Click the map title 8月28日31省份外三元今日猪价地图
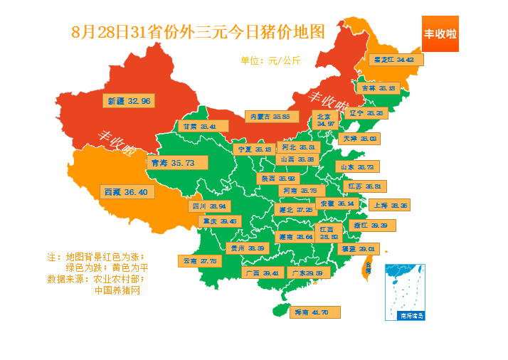pyautogui.click(x=198, y=32)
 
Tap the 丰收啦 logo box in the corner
pyautogui.click(x=440, y=33)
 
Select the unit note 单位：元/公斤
pyautogui.click(x=270, y=60)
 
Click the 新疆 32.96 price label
pyautogui.click(x=129, y=101)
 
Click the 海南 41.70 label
pyautogui.click(x=314, y=312)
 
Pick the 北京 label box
pyautogui.click(x=325, y=120)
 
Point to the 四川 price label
pyautogui.click(x=210, y=206)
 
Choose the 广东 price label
pyautogui.click(x=307, y=272)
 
